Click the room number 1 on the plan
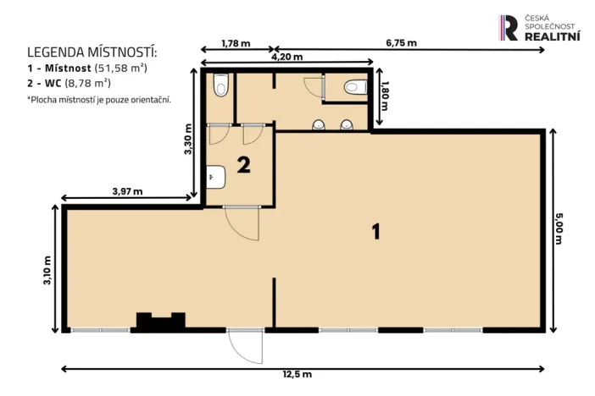point(375,231)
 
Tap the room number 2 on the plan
point(243,165)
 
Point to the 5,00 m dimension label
point(559,228)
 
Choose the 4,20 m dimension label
point(286,57)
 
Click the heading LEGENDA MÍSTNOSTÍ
point(92,52)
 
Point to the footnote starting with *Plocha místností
point(98,99)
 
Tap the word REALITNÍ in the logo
point(553,36)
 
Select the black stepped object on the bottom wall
point(161,321)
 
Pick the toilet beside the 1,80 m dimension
point(353,86)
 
